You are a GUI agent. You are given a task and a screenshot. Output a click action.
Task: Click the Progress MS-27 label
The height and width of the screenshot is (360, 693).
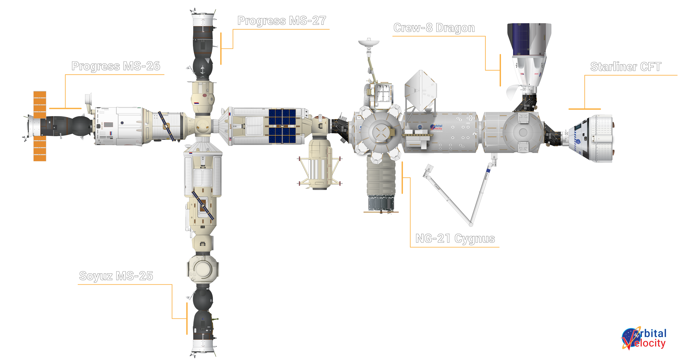282,21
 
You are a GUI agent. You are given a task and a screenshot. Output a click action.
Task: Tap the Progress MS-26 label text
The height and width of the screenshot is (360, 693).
116,66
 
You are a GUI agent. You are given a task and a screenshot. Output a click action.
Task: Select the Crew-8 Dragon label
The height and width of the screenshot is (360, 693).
434,28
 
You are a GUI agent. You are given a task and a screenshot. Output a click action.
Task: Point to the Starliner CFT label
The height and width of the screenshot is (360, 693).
626,67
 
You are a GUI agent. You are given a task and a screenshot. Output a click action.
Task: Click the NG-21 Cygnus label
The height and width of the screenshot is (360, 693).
455,239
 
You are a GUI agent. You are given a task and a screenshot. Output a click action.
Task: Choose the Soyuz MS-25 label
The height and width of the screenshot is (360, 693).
116,276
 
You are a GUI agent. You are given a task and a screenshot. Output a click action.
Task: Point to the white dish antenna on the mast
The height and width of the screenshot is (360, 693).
369,43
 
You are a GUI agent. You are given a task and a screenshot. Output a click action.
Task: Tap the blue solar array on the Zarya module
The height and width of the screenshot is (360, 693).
282,126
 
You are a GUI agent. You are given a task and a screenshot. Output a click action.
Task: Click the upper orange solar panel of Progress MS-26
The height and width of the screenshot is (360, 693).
40,104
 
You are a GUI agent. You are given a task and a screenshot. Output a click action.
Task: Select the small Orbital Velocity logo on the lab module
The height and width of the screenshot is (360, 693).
437,127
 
